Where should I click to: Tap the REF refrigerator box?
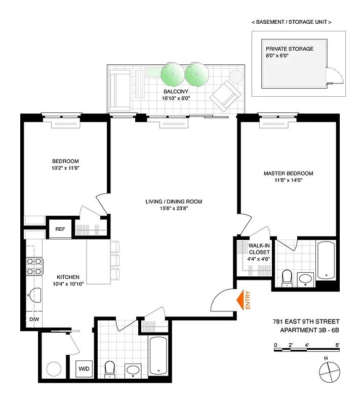pyautogui.click(x=60, y=229)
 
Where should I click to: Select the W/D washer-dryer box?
pyautogui.click(x=84, y=369)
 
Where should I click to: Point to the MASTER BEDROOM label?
pyautogui.click(x=288, y=174)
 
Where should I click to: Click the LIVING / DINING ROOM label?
pyautogui.click(x=174, y=201)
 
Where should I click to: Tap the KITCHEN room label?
pyautogui.click(x=67, y=277)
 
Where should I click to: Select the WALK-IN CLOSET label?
pyautogui.click(x=259, y=249)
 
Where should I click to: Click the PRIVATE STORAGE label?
pyautogui.click(x=290, y=49)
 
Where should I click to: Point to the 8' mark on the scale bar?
pyautogui.click(x=337, y=345)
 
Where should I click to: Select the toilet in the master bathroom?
pyautogui.click(x=287, y=278)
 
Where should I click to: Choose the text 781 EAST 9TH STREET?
pyautogui.click(x=302, y=321)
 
